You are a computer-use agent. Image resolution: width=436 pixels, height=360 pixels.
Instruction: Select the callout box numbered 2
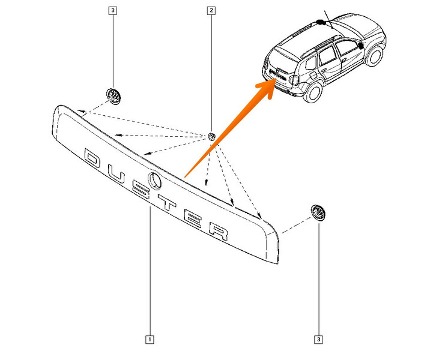point(211,11)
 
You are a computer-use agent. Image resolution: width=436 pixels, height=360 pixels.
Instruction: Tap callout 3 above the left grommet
point(112,11)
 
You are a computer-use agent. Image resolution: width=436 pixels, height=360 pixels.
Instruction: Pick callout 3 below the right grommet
point(318,340)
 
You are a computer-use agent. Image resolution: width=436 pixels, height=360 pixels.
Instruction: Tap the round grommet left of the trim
point(112,95)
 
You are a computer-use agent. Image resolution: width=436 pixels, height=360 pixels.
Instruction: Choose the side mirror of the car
point(359,45)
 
